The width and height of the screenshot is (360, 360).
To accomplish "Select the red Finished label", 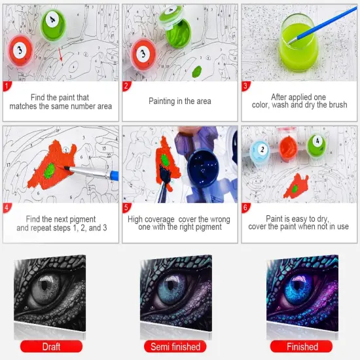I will click(x=302, y=346).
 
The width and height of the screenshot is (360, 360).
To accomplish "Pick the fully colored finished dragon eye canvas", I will click(x=304, y=295).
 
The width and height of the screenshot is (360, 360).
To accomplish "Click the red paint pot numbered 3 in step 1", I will click(x=22, y=49).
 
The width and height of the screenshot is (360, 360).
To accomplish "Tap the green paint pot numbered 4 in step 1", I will click(x=50, y=24).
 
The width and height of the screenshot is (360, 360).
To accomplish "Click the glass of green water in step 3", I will click(x=300, y=41).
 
